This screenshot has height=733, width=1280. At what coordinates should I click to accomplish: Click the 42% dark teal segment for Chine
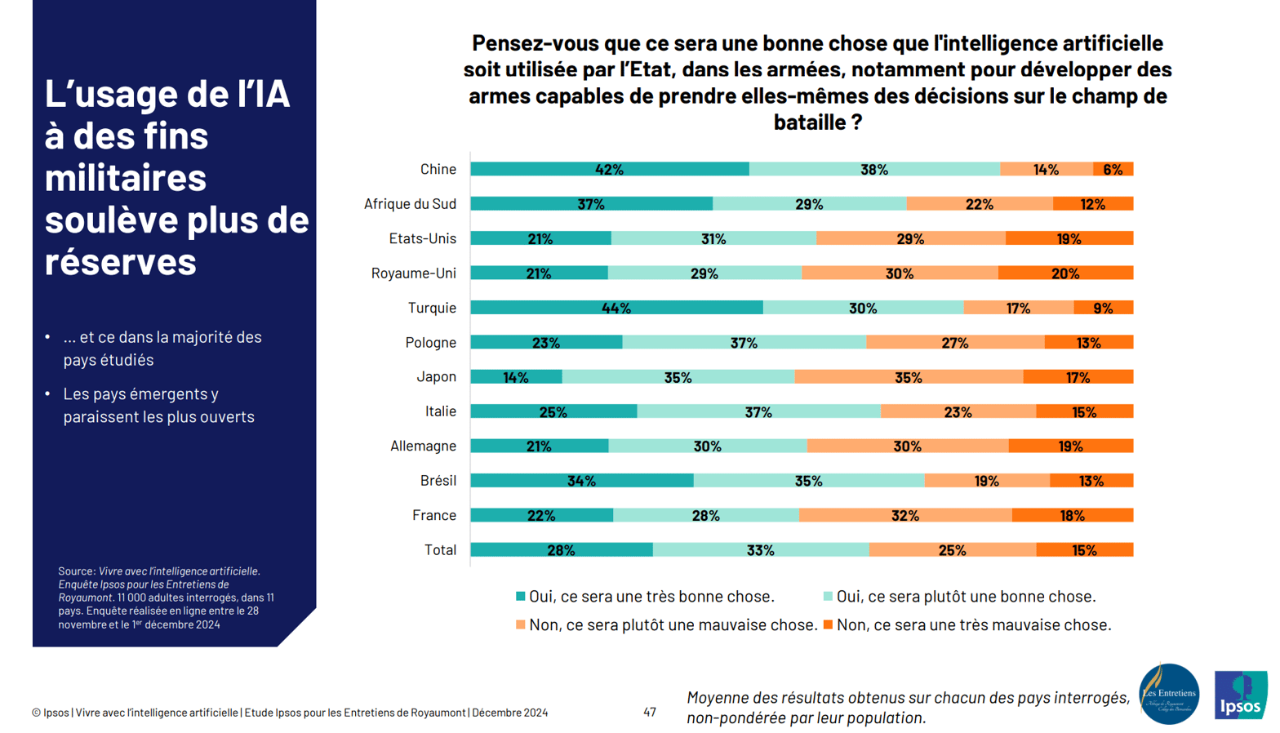[x=609, y=169]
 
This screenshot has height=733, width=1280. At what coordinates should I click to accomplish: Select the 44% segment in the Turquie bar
[x=616, y=308]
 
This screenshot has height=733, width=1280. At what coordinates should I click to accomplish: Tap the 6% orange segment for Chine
[x=1113, y=169]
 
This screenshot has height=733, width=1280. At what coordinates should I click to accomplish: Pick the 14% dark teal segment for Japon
[x=516, y=377]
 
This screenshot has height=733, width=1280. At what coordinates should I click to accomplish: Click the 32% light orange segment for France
[x=905, y=515]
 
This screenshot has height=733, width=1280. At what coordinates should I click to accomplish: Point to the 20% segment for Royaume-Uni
[x=1065, y=273]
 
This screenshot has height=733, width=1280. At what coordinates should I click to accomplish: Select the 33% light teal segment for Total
[x=760, y=550]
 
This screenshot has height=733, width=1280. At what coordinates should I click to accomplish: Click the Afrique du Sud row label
[x=410, y=204]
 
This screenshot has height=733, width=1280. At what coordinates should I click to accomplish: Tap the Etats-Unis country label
[x=422, y=238]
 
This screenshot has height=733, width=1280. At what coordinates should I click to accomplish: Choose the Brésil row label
[x=438, y=481]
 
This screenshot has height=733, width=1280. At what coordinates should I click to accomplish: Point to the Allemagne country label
[x=423, y=446]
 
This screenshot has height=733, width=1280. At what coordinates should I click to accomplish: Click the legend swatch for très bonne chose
[x=520, y=597]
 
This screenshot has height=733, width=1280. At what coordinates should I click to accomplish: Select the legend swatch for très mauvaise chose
[x=828, y=624]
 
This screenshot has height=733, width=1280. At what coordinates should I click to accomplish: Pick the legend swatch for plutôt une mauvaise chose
[x=520, y=624]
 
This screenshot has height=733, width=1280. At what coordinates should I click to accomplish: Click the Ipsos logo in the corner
[x=1240, y=695]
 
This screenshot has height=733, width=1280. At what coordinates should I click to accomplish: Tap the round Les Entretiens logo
[x=1169, y=694]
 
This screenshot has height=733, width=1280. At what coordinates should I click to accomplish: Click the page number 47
[x=650, y=712]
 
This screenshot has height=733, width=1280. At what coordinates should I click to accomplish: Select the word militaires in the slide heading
[x=125, y=177]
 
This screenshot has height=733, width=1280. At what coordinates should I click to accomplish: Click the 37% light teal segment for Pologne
[x=744, y=343]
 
